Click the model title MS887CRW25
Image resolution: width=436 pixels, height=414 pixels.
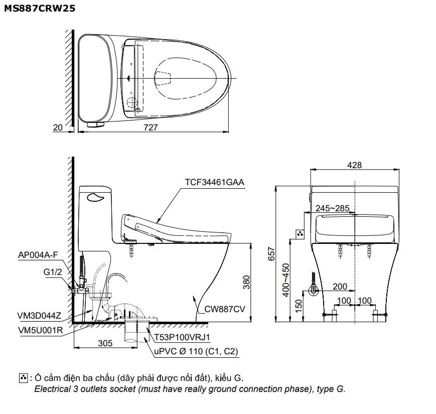[x=40, y=9]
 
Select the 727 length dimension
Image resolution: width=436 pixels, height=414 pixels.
[x=150, y=127]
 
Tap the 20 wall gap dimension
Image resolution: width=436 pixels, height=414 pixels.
[x=58, y=127]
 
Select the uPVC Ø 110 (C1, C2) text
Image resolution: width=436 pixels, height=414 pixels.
[x=196, y=352]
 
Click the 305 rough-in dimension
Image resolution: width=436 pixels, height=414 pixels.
[x=105, y=343]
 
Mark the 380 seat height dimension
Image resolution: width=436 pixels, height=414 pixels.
[x=246, y=284]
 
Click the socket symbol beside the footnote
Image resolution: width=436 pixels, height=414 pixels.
[x=23, y=377]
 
